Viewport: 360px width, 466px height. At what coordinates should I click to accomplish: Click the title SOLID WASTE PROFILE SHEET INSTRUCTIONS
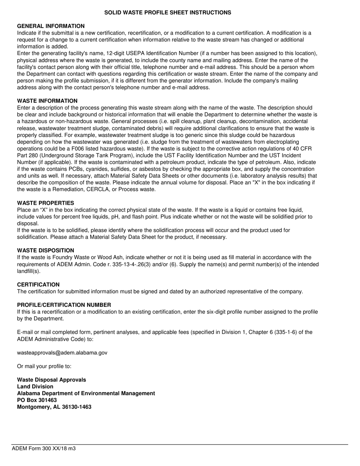(167, 13)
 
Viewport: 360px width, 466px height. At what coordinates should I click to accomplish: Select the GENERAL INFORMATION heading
(51, 26)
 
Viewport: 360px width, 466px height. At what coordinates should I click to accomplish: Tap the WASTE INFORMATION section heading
(47, 101)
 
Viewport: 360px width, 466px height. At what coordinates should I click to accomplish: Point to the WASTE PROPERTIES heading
(45, 203)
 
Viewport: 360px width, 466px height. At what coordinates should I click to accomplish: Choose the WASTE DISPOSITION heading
(45, 250)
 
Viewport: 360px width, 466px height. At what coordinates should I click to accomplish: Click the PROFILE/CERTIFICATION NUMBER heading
(64, 305)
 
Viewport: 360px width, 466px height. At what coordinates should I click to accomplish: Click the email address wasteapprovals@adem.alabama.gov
(62, 353)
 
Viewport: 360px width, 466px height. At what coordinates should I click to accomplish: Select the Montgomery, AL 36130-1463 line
(54, 407)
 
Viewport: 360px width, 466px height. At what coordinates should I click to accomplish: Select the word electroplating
(299, 142)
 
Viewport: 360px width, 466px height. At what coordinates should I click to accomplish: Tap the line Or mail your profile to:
(44, 366)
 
